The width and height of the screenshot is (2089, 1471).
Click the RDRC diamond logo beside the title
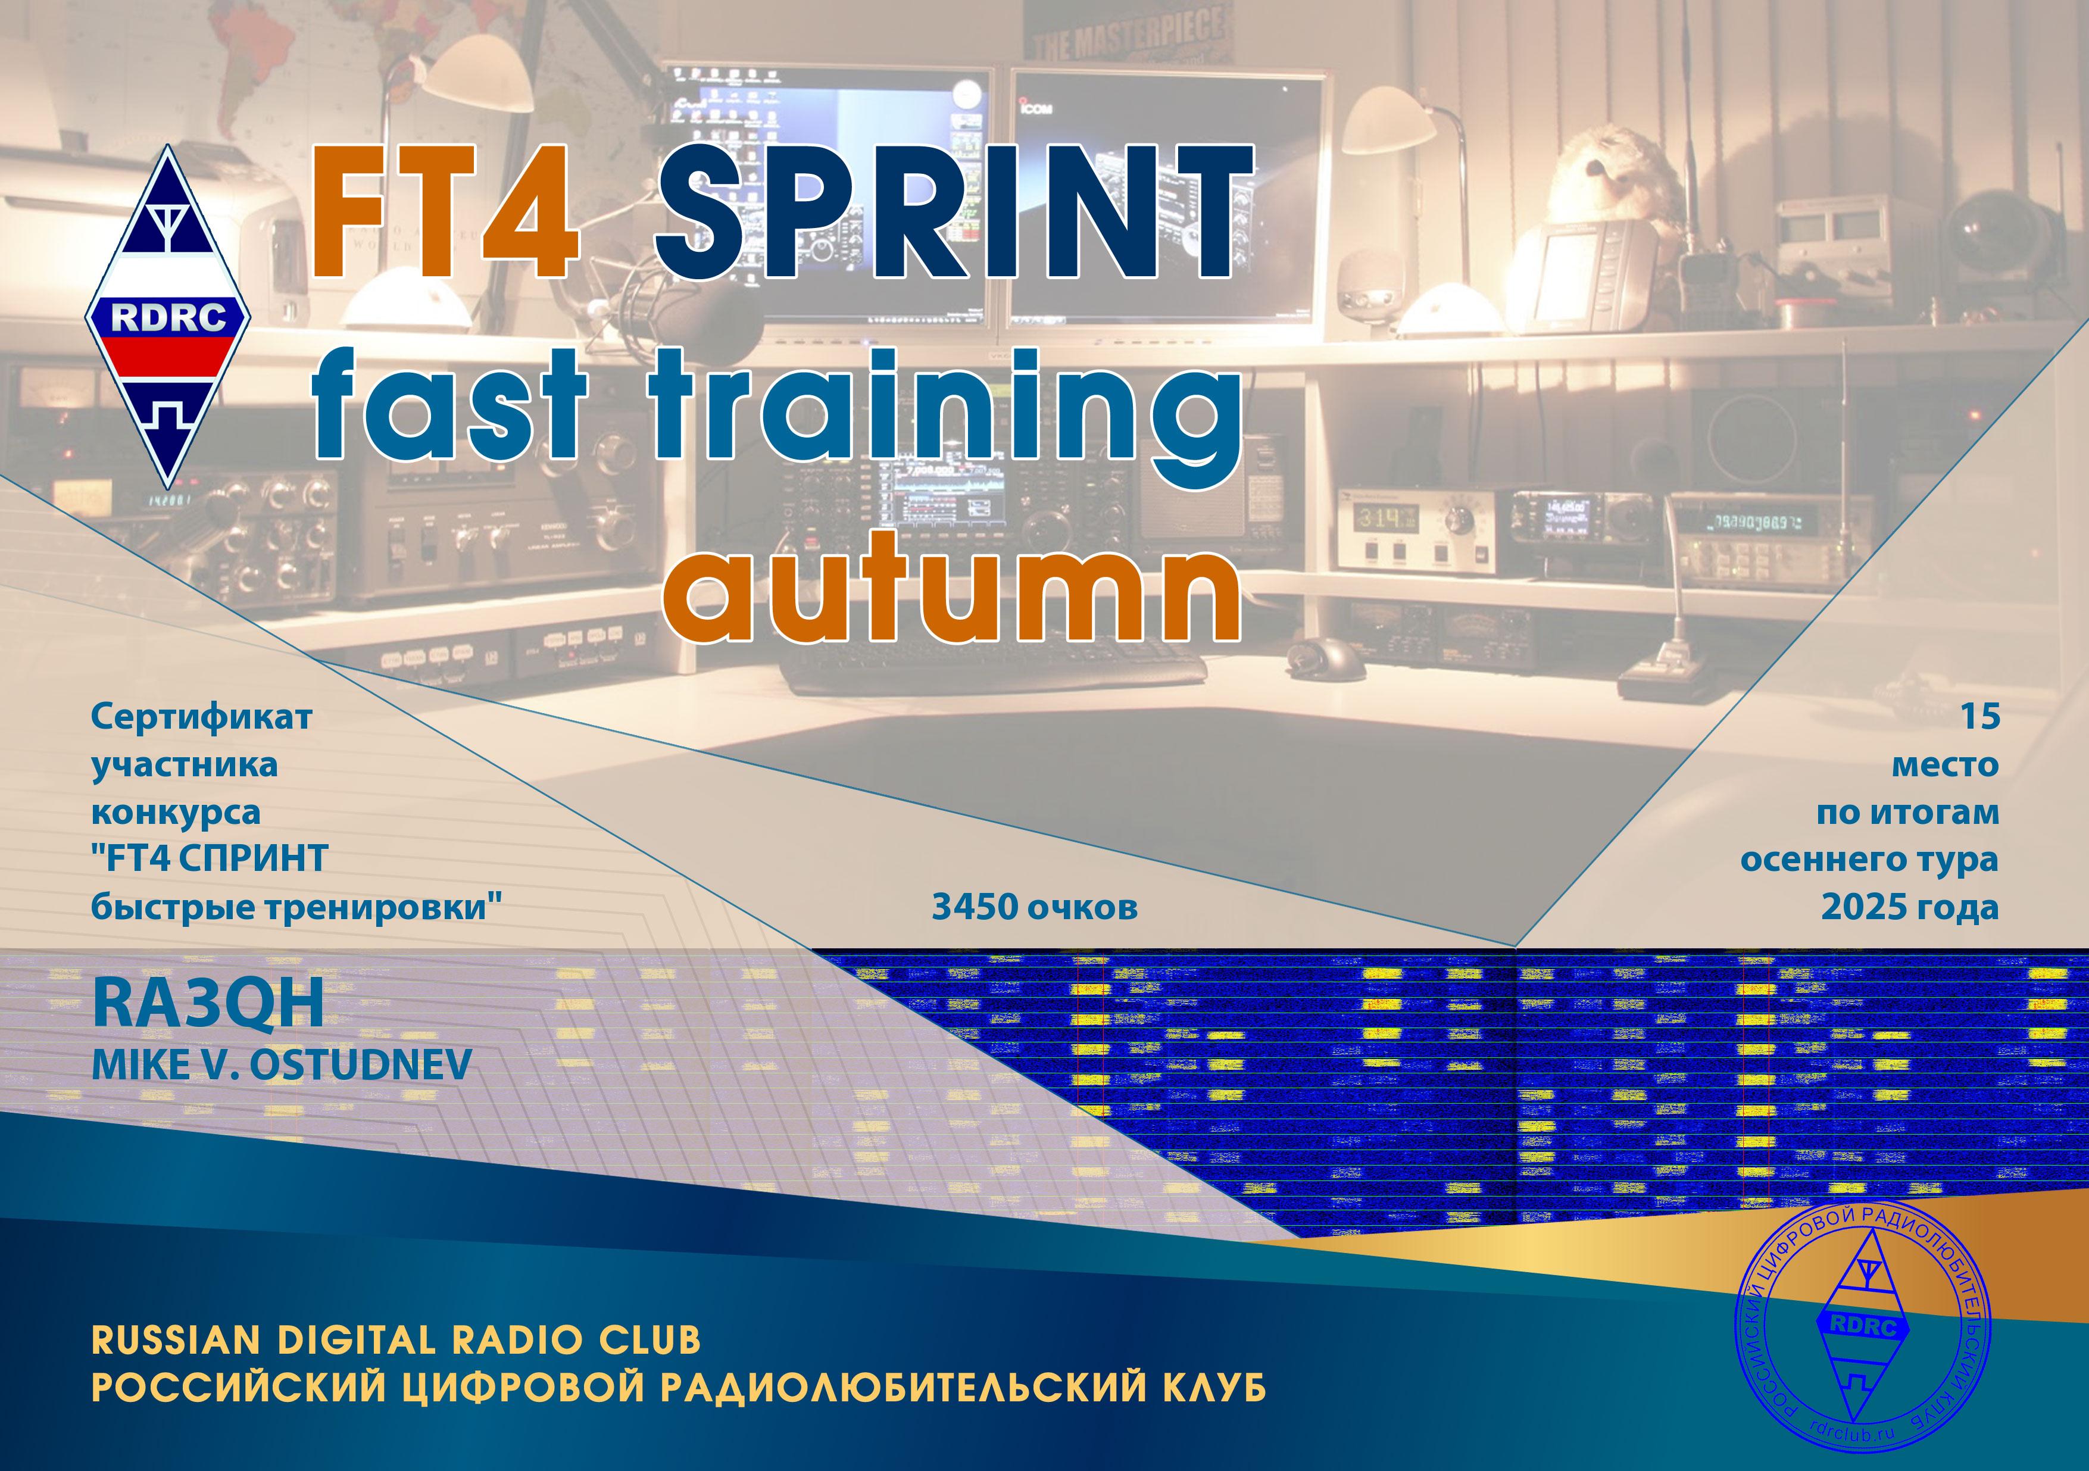tap(168, 317)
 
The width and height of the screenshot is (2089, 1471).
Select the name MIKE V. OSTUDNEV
tap(281, 1064)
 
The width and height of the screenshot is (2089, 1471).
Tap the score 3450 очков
tap(1035, 907)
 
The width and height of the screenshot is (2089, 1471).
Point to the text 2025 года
tap(1910, 907)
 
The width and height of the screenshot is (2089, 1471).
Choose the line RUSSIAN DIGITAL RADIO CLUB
tap(396, 1340)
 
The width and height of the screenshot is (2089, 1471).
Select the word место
tap(1946, 765)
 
